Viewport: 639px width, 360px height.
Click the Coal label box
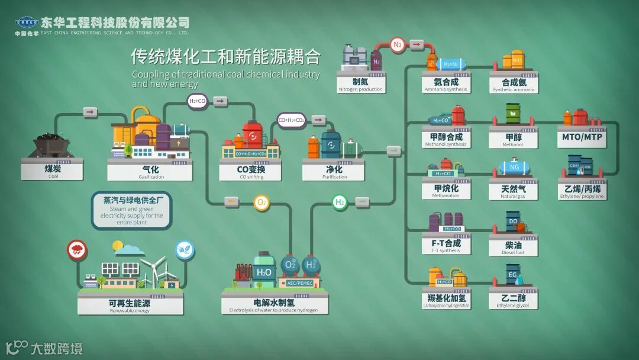coord(52,171)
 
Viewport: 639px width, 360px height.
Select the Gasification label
coord(150,172)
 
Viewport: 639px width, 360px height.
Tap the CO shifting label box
coord(250,172)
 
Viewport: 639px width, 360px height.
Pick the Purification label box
coord(334,172)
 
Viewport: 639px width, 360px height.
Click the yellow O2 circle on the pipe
coord(262,202)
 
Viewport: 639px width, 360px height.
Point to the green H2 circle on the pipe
coord(340,202)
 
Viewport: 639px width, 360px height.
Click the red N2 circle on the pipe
coord(398,44)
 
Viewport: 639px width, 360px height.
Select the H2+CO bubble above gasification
coord(198,101)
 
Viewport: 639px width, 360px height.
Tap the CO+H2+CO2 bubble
coord(291,120)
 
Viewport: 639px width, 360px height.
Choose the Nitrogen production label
coord(360,84)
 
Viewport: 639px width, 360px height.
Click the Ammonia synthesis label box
coord(446,84)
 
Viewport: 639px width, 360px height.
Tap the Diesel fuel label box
coord(513,247)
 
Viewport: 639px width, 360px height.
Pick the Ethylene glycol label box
coord(513,301)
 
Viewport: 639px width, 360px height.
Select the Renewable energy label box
coord(130,305)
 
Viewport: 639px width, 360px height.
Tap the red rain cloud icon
coord(77,250)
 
